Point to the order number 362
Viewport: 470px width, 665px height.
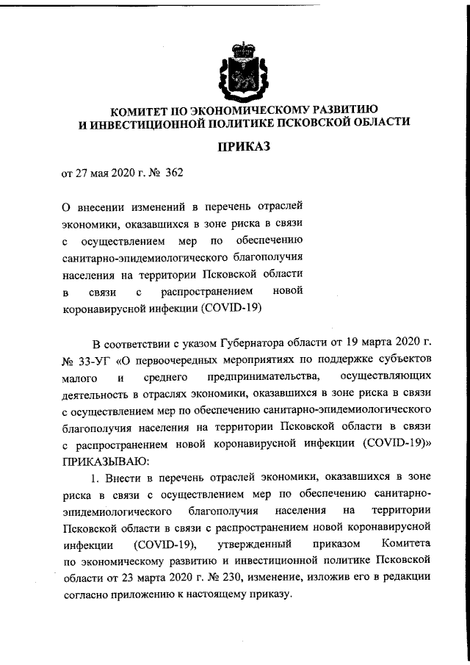(173, 174)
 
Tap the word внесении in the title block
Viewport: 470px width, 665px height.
(101, 209)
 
